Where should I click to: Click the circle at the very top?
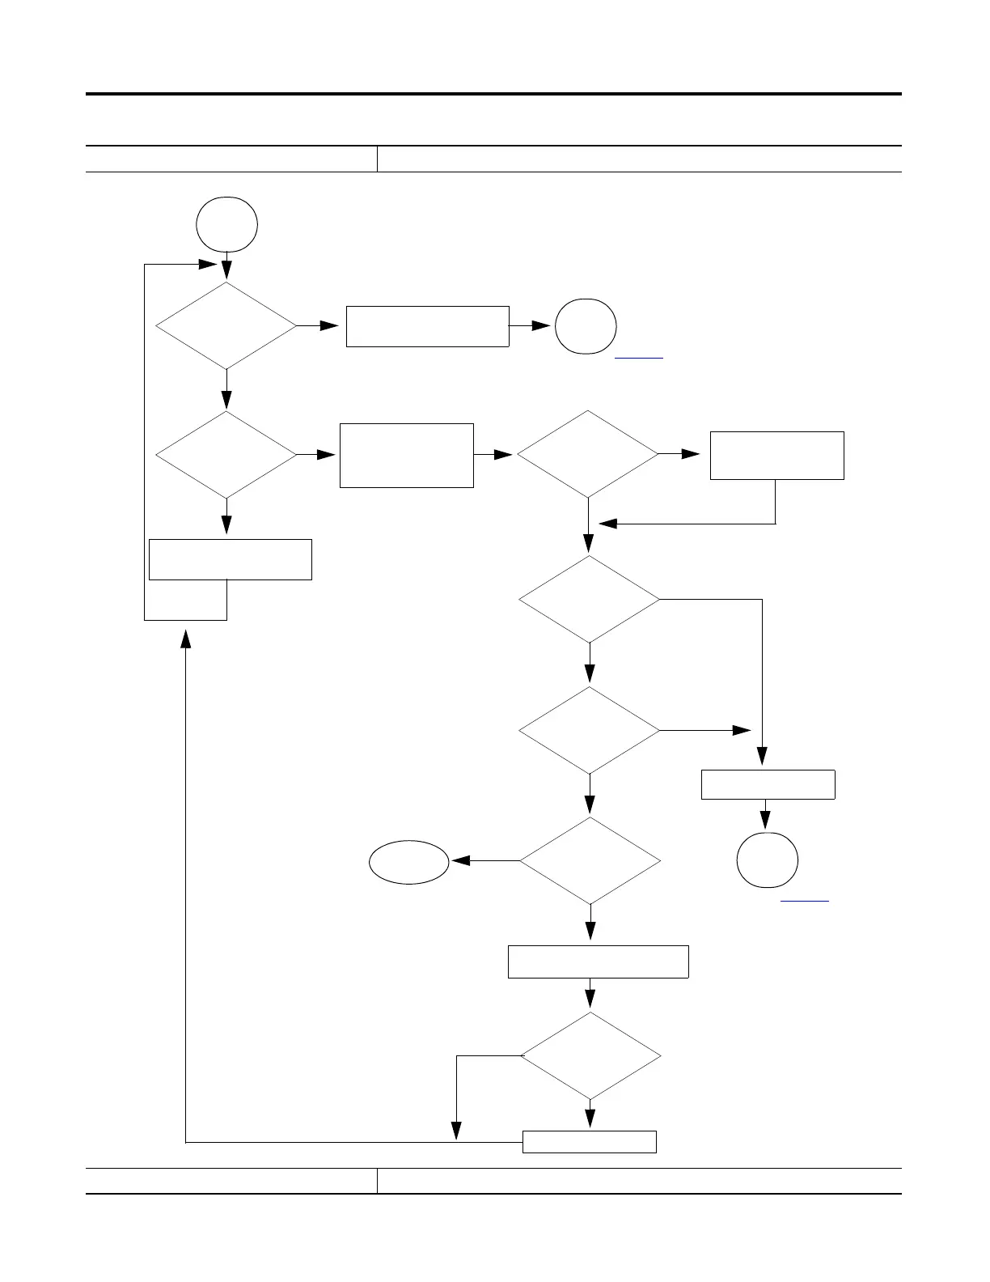click(227, 224)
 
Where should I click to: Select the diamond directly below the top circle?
click(226, 325)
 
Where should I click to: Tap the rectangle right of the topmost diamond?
click(427, 326)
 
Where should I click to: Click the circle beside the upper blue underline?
click(586, 326)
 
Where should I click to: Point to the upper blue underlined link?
click(639, 356)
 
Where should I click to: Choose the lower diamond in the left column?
click(226, 455)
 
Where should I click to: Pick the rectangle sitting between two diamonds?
click(406, 455)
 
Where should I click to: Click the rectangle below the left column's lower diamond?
click(231, 559)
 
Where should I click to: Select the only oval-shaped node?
click(409, 862)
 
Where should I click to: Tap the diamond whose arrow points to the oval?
click(590, 860)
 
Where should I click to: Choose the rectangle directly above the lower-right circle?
click(768, 784)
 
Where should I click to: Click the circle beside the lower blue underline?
click(768, 860)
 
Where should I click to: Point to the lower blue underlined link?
click(805, 900)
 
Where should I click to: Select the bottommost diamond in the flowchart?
click(590, 1055)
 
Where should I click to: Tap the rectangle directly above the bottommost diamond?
click(598, 961)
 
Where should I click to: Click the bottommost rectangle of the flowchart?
click(589, 1141)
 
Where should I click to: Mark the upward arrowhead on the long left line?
click(186, 639)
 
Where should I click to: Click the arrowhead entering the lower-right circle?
click(766, 821)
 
